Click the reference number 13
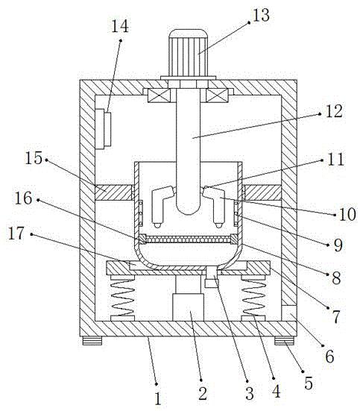(x=261, y=15)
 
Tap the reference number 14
(x=120, y=26)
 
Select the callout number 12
(x=334, y=111)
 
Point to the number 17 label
(x=16, y=233)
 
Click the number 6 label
(x=329, y=357)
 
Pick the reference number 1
(x=157, y=399)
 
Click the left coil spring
(x=123, y=298)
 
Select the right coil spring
(x=253, y=298)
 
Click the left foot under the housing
(x=92, y=340)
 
